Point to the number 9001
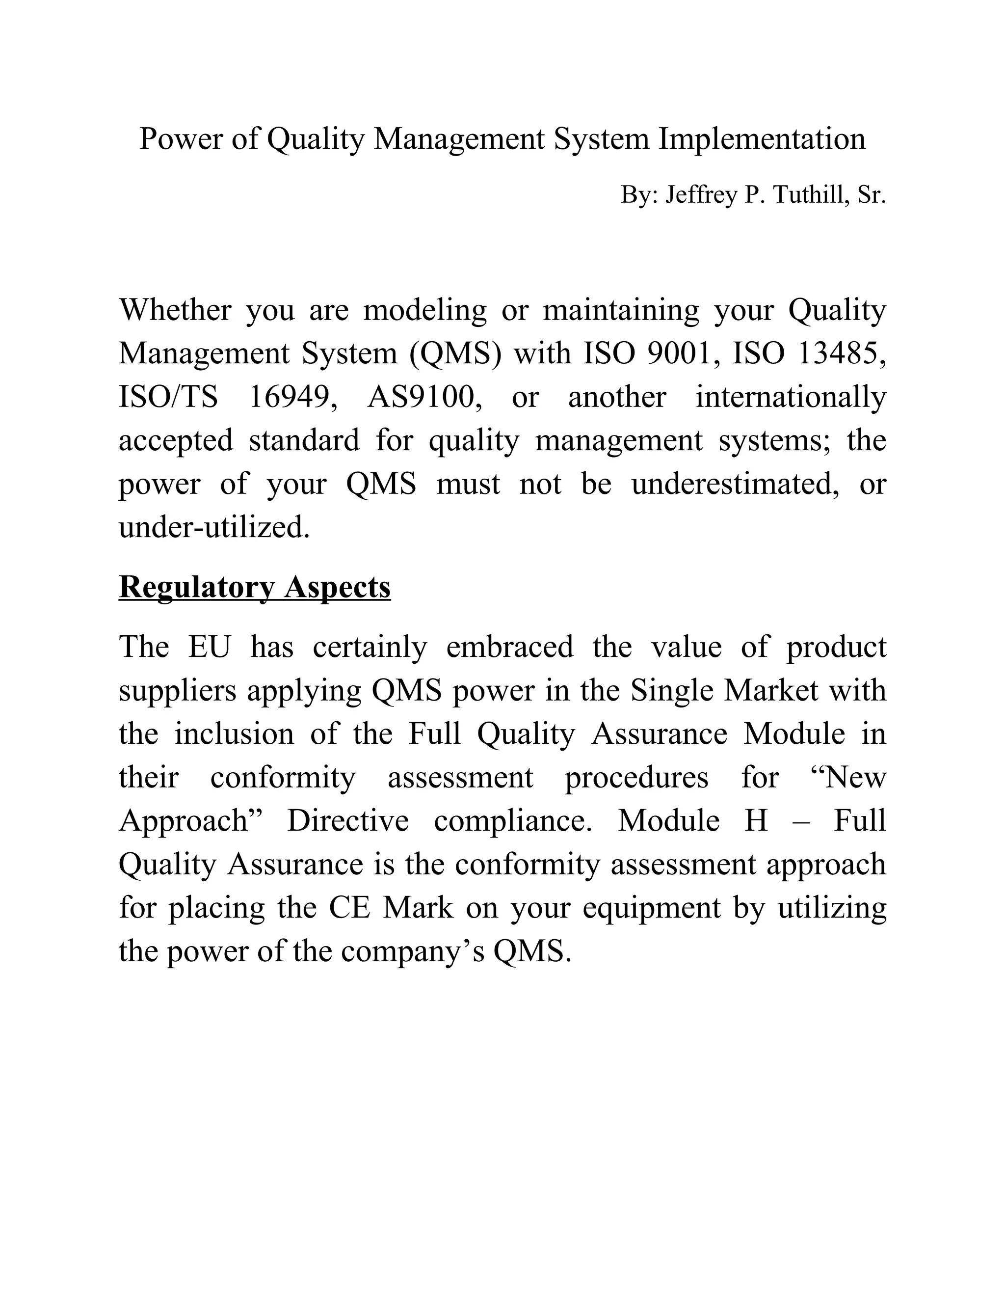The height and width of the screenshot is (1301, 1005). point(679,353)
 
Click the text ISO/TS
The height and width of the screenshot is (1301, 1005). point(168,397)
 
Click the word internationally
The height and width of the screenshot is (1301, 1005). point(791,397)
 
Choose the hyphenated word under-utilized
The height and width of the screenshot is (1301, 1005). point(214,527)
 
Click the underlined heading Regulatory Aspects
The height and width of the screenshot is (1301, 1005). point(255,587)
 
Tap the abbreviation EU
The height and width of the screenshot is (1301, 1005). point(210,647)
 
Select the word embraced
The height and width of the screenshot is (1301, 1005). point(510,647)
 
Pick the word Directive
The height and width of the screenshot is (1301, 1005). point(348,820)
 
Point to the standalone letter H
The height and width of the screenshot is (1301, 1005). point(756,820)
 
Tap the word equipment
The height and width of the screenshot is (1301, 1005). point(651,907)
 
